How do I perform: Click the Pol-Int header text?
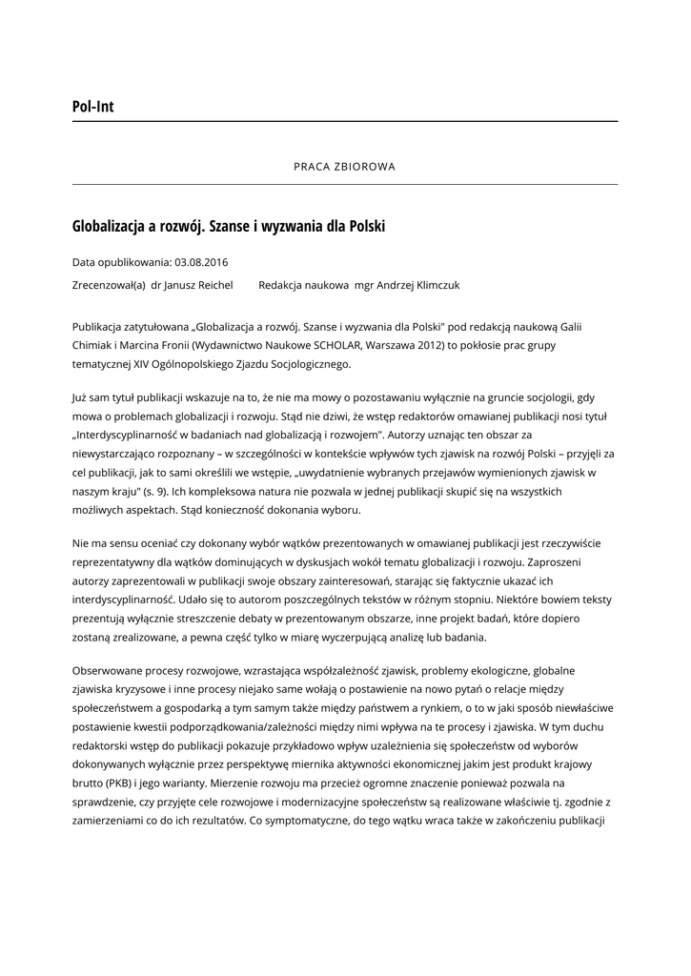tap(92, 107)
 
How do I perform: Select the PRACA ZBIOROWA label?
tap(344, 166)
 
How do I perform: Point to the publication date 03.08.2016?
tap(201, 262)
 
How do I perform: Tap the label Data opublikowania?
tap(121, 262)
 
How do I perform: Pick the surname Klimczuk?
tap(434, 285)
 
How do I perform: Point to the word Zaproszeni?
tap(565, 561)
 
